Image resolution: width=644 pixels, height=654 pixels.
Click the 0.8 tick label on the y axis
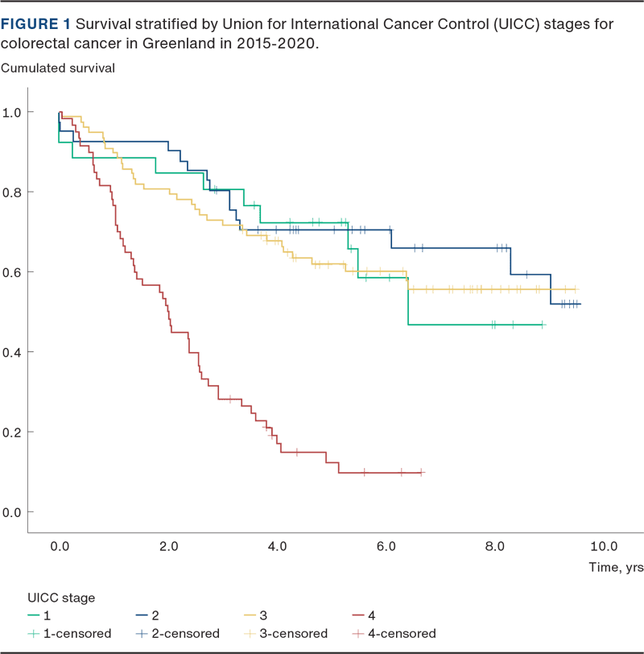(14, 192)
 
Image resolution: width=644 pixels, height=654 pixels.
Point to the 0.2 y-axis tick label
(14, 432)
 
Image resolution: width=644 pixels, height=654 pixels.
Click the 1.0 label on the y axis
(14, 112)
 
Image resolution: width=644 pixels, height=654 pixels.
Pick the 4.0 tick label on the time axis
(277, 546)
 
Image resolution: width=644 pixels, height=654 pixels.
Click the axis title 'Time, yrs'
(615, 567)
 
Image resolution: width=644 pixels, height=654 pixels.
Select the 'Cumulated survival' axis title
(58, 68)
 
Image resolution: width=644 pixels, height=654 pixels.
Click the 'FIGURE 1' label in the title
(35, 24)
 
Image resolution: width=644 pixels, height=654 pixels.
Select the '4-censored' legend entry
(401, 633)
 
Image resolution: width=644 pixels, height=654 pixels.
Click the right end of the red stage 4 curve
(423, 472)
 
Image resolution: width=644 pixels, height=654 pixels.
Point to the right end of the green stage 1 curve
(545, 325)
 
